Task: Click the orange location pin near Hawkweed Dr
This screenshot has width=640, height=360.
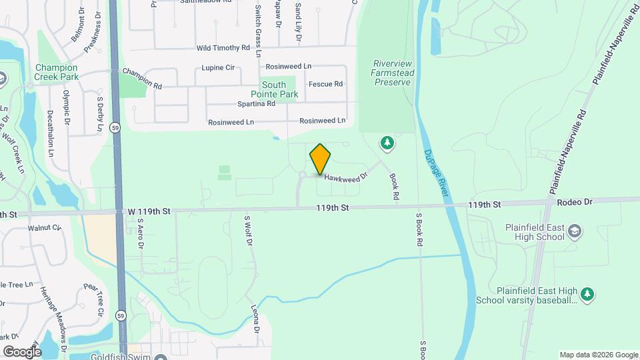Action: coord(320,159)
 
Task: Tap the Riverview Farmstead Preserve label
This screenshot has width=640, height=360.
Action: coord(391,73)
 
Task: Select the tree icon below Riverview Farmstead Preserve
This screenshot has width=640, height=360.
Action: coord(387,142)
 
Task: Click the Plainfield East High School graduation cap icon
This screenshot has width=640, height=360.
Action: coord(575,231)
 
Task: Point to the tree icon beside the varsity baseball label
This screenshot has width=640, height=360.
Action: coord(587,294)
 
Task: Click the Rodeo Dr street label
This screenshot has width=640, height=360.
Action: coord(578,202)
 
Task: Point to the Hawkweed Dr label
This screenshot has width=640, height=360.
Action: coord(346,177)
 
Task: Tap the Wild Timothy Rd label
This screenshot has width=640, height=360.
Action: coord(223,49)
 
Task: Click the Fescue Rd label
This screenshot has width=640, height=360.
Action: coord(325,84)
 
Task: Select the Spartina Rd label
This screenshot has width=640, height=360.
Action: coord(256,104)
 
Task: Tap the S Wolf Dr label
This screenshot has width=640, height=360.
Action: coord(248,231)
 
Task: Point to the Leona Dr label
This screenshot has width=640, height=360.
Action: coord(255,319)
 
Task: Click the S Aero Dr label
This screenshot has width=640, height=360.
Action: coord(141,233)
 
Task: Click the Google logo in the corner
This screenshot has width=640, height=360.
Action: coord(22,351)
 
